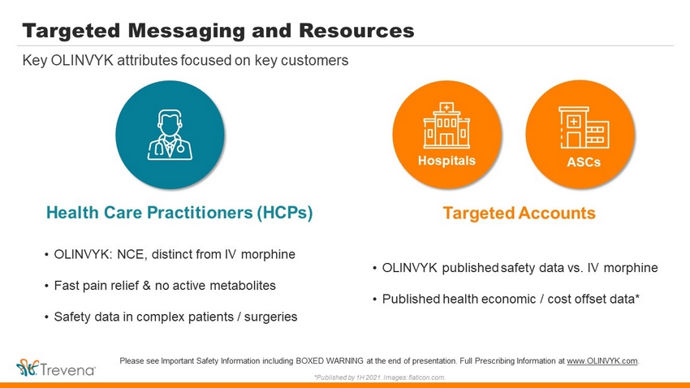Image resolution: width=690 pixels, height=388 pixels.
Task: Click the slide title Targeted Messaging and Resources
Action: click(218, 31)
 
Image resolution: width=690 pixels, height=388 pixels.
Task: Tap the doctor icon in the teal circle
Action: click(170, 135)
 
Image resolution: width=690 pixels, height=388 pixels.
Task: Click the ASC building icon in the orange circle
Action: click(584, 127)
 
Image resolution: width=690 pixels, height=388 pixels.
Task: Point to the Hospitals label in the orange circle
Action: click(446, 161)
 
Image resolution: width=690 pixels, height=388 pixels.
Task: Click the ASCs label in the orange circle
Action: click(584, 162)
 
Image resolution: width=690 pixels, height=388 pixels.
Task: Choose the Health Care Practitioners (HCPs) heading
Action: click(179, 213)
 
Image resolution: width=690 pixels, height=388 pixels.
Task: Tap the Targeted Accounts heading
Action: click(519, 213)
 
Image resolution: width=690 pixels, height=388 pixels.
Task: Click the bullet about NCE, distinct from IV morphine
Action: click(170, 255)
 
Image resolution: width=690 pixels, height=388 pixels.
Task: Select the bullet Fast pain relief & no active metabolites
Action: click(160, 286)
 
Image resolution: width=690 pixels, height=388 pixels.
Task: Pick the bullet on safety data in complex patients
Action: click(170, 317)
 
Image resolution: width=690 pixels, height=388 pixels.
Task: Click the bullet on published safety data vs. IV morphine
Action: click(515, 268)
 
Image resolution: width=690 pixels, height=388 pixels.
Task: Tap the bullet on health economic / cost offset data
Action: click(506, 300)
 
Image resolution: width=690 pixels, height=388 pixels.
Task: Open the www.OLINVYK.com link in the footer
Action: click(602, 361)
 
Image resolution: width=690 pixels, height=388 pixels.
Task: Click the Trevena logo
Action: click(55, 368)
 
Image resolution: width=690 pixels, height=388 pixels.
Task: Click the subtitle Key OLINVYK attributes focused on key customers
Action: click(185, 60)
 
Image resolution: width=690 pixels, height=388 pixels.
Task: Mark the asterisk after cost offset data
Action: click(636, 297)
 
